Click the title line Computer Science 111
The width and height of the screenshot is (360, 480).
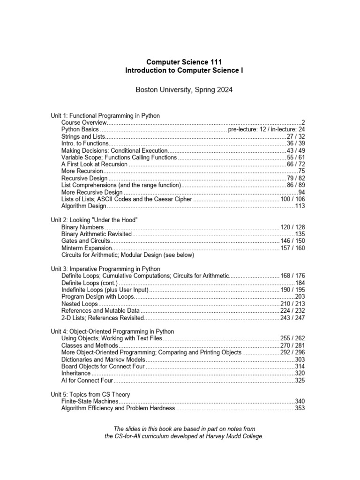click(184, 62)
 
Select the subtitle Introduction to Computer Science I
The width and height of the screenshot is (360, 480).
click(184, 70)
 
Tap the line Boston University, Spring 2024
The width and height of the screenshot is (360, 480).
click(184, 90)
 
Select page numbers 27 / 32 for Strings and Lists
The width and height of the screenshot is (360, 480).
click(296, 136)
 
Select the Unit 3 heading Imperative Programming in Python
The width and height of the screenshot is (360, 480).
click(105, 269)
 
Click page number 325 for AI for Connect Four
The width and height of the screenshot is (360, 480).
click(300, 381)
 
